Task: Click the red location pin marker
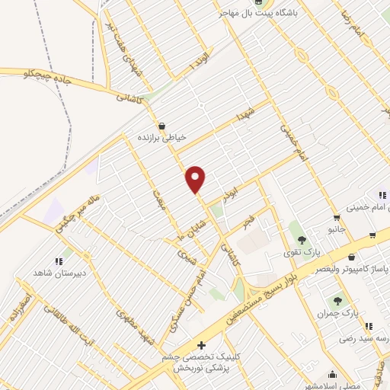pos(196,180)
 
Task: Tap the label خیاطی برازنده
pos(161,138)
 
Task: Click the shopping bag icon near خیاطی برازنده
pos(161,126)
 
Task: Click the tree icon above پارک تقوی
pos(302,240)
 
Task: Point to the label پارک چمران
pos(338,312)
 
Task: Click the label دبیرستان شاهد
pos(59,273)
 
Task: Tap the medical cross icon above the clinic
pos(201,345)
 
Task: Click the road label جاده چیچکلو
pos(28,73)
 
